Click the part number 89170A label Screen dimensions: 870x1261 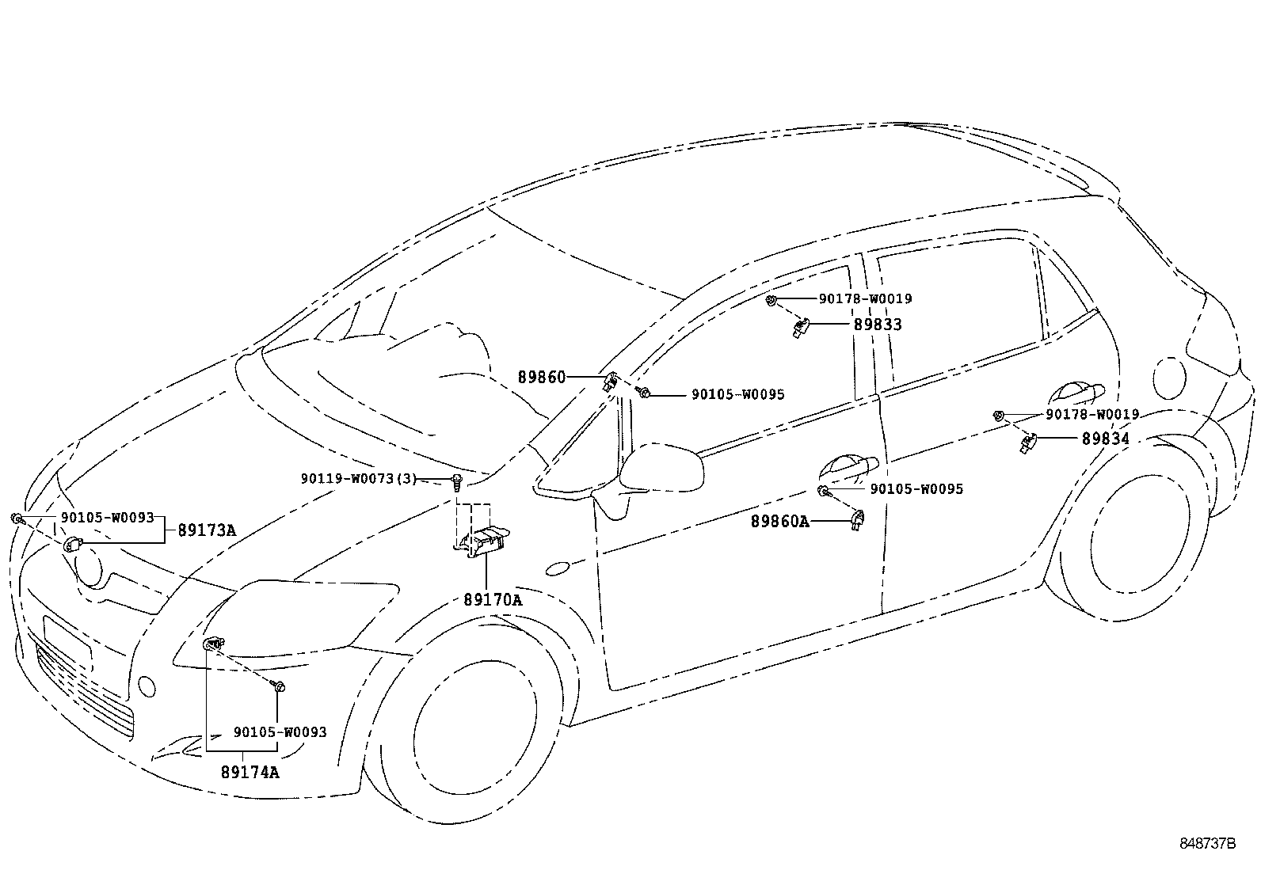pos(493,600)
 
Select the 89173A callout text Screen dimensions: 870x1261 pos(207,530)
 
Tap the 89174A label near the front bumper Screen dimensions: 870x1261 pos(250,772)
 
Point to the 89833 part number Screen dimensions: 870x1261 pos(878,325)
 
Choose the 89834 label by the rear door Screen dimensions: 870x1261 pos(1106,439)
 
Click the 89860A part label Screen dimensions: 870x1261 pos(780,522)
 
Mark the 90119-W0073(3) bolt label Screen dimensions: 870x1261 pos(358,479)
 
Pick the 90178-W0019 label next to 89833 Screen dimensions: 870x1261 pos(865,299)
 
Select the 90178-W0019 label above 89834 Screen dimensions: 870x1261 pos(1092,414)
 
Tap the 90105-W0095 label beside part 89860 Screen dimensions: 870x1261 pos(738,394)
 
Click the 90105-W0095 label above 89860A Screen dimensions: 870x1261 pos(916,489)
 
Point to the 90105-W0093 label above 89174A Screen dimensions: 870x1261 pos(280,733)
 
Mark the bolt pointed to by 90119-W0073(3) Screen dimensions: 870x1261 pos(457,481)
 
